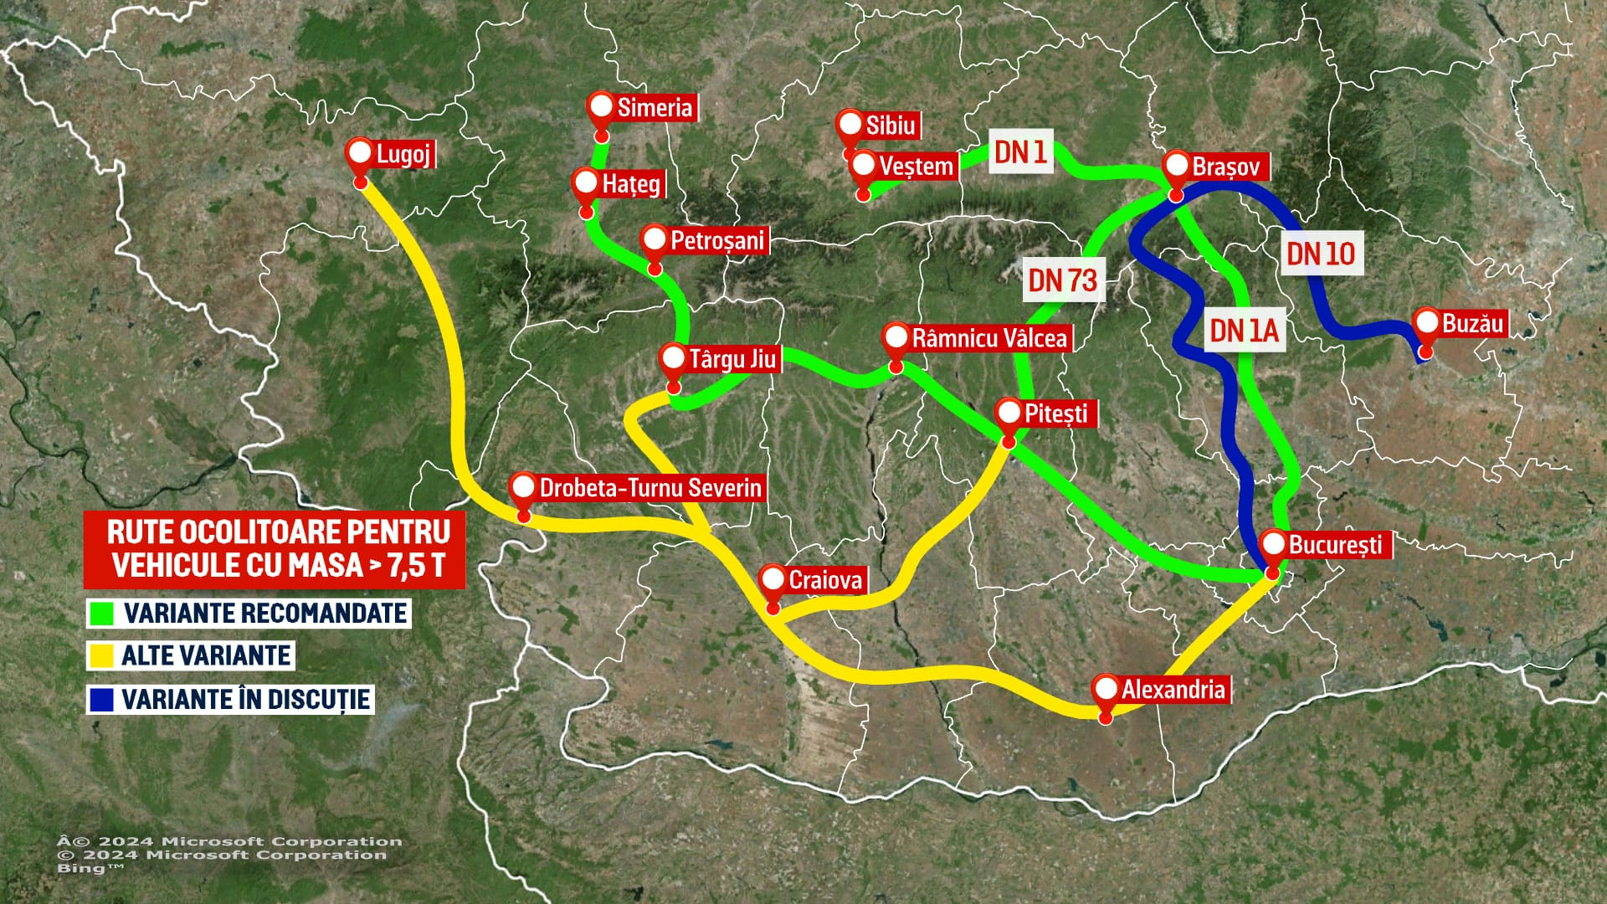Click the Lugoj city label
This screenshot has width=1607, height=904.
click(x=403, y=154)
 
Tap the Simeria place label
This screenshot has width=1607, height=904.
click(x=655, y=107)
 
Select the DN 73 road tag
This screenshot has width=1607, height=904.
click(x=1062, y=280)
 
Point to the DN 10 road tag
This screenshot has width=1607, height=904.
click(x=1320, y=253)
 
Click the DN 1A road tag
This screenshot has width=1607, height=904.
click(x=1244, y=331)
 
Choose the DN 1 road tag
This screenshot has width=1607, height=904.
click(x=1019, y=152)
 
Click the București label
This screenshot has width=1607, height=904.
click(x=1334, y=544)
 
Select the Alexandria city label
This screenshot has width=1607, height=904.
click(x=1173, y=690)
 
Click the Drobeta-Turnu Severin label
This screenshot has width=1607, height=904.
click(x=650, y=487)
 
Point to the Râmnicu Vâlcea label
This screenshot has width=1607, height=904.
click(x=988, y=338)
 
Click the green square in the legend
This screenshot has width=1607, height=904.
click(x=100, y=614)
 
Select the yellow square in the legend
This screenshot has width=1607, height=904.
click(x=100, y=655)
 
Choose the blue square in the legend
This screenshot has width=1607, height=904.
click(x=100, y=699)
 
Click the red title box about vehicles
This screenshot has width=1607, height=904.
click(x=275, y=549)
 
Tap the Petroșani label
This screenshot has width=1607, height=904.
click(x=716, y=240)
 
